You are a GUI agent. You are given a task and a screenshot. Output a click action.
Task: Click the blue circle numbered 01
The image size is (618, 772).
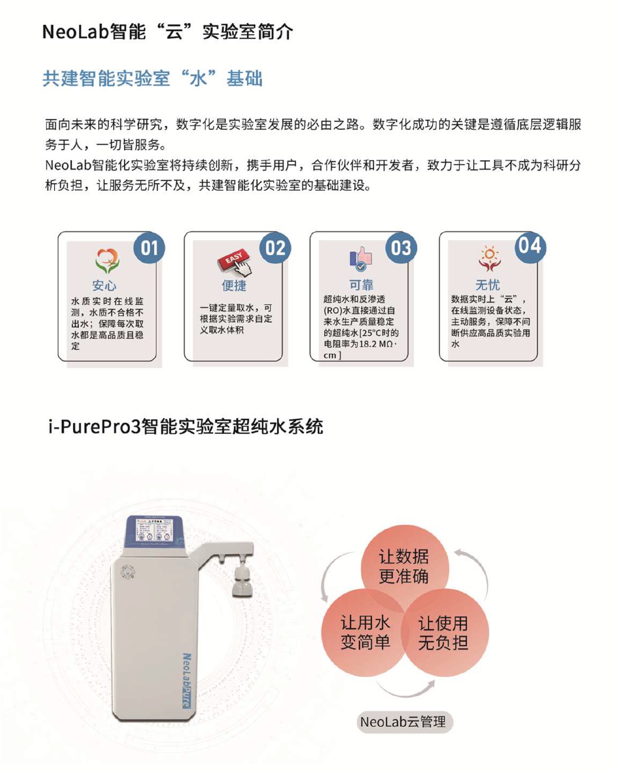coord(149,248)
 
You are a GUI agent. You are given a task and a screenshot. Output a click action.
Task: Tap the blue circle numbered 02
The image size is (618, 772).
coord(275,248)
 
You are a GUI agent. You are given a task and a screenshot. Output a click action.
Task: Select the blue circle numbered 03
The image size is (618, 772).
coord(401,248)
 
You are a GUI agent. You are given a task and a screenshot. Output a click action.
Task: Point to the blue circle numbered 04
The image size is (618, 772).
coord(530,246)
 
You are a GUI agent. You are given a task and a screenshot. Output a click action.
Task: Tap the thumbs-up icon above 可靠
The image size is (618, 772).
coord(361,258)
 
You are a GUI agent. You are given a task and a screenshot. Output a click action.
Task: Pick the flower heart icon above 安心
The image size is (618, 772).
coord(107,261)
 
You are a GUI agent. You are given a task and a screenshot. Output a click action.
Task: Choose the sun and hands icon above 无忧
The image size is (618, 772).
coord(489,258)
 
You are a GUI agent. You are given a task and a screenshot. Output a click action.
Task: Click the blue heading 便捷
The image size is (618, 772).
coord(234,286)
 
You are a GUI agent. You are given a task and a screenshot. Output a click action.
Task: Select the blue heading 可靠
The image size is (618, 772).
coord(361,285)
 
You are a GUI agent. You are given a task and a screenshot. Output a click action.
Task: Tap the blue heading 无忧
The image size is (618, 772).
coord(488,285)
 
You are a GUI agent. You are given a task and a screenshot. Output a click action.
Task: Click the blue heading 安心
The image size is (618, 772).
coord(104,286)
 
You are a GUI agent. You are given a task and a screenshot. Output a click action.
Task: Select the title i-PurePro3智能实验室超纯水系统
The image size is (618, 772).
coord(186,427)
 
